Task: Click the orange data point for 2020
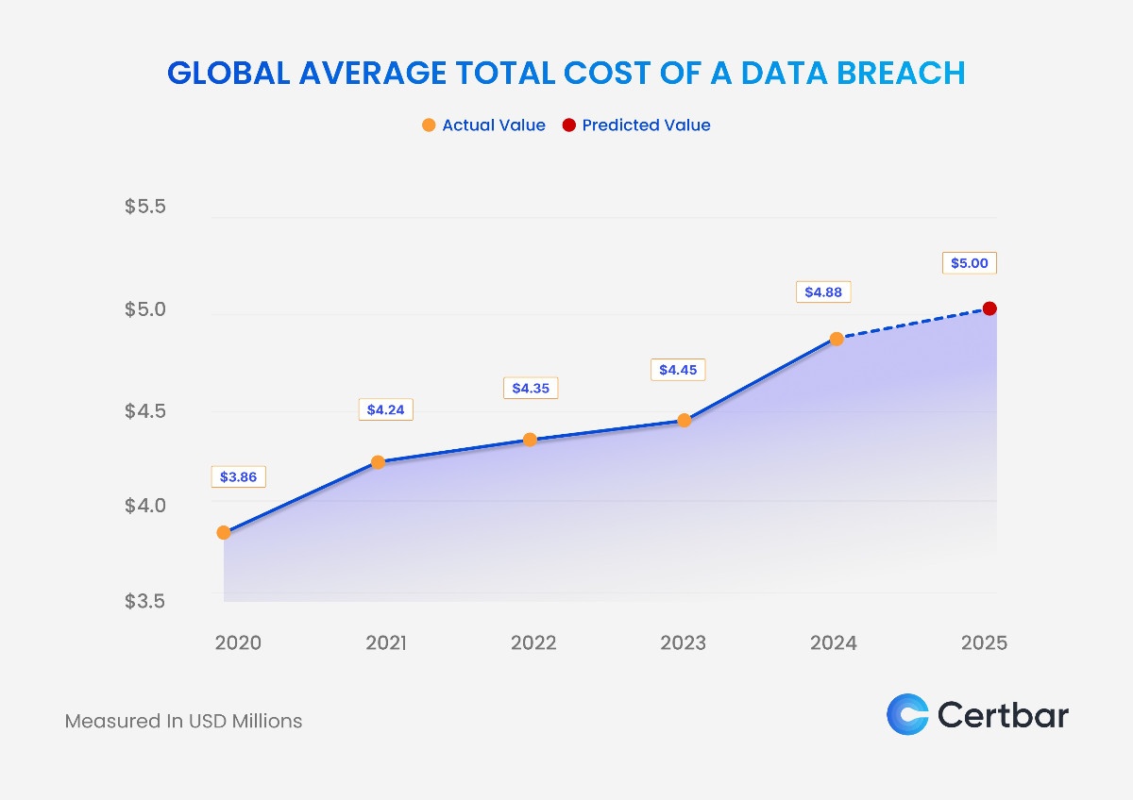coord(224,532)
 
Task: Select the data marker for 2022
coord(530,440)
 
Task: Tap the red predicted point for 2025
coord(989,308)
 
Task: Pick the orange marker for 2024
coord(837,339)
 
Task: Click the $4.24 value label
coord(385,409)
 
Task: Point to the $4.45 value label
coord(678,370)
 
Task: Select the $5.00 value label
coord(969,263)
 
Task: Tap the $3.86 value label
coord(238,477)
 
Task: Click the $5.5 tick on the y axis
coord(145,206)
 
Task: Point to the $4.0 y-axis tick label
coord(145,506)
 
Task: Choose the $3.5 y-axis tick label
coord(145,601)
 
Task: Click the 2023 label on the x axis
coord(683,643)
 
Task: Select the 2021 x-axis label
coord(385,643)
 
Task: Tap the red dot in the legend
coord(568,125)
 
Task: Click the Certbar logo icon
coord(907,714)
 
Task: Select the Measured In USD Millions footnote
coord(183,721)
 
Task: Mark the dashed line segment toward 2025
coord(913,324)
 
